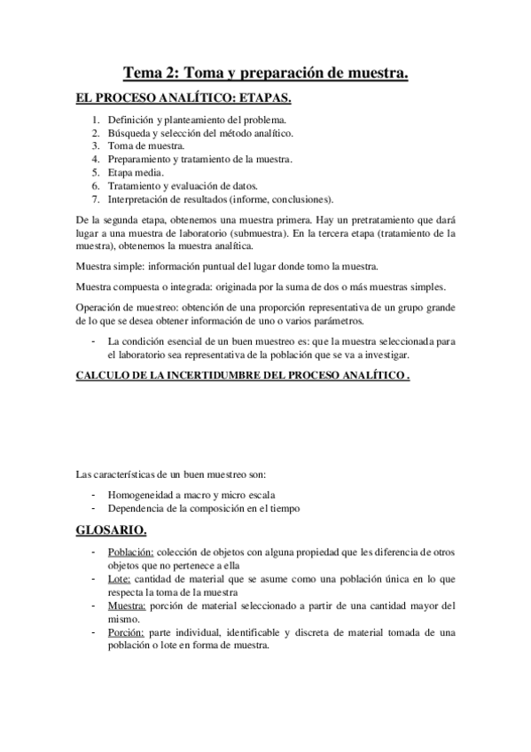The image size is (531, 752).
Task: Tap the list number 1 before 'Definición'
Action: [x=95, y=119]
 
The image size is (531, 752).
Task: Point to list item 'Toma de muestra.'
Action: [x=146, y=145]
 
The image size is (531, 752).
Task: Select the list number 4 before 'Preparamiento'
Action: [x=95, y=159]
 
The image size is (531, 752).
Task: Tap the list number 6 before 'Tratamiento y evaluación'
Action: [x=95, y=185]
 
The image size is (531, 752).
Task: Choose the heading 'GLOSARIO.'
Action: [x=111, y=531]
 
